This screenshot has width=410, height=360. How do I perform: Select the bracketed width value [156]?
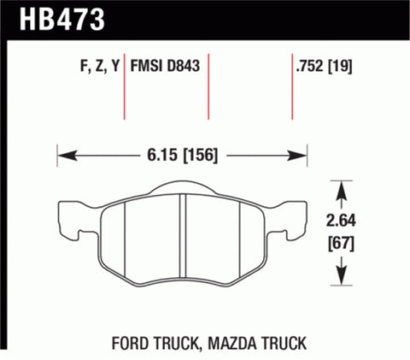click(x=198, y=156)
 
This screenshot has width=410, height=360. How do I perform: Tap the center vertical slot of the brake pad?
click(x=183, y=235)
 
